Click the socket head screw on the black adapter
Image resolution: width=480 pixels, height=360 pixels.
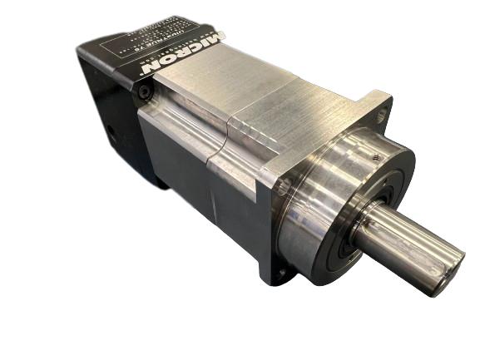tap(144, 95)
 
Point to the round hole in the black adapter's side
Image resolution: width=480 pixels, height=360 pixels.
tap(109, 131)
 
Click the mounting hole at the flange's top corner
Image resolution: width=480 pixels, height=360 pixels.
tap(380, 114)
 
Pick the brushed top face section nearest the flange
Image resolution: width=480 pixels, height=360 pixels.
tap(308, 108)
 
